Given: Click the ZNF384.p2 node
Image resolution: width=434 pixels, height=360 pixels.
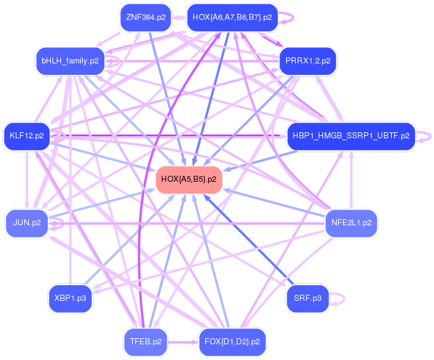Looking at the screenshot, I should tap(145, 17).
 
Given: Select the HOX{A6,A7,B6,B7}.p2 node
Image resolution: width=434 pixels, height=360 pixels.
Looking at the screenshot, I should tap(232, 17).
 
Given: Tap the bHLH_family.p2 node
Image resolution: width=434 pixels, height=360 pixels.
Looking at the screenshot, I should tap(70, 60).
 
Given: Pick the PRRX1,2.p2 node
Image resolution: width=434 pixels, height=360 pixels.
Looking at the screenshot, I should tap(308, 60).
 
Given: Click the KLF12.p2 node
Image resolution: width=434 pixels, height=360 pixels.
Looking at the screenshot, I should tap(27, 136).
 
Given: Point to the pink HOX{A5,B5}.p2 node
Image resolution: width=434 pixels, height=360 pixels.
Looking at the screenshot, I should tap(188, 179).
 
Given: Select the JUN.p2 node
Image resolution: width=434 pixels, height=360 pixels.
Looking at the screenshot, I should tap(27, 222).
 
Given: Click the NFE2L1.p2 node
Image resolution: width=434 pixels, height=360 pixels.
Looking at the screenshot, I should tap(351, 222).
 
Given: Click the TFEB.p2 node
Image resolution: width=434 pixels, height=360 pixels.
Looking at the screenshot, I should tap(145, 341).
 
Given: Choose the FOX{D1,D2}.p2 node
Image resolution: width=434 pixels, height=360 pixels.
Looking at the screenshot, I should tap(232, 341).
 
